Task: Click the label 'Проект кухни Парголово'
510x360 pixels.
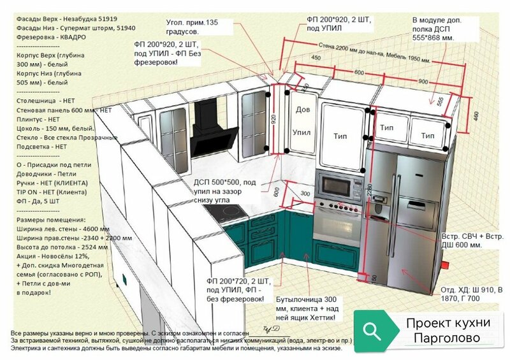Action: [x=448, y=331]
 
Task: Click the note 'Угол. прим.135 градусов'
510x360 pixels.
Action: [x=191, y=27]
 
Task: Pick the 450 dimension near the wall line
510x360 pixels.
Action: [x=315, y=59]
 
